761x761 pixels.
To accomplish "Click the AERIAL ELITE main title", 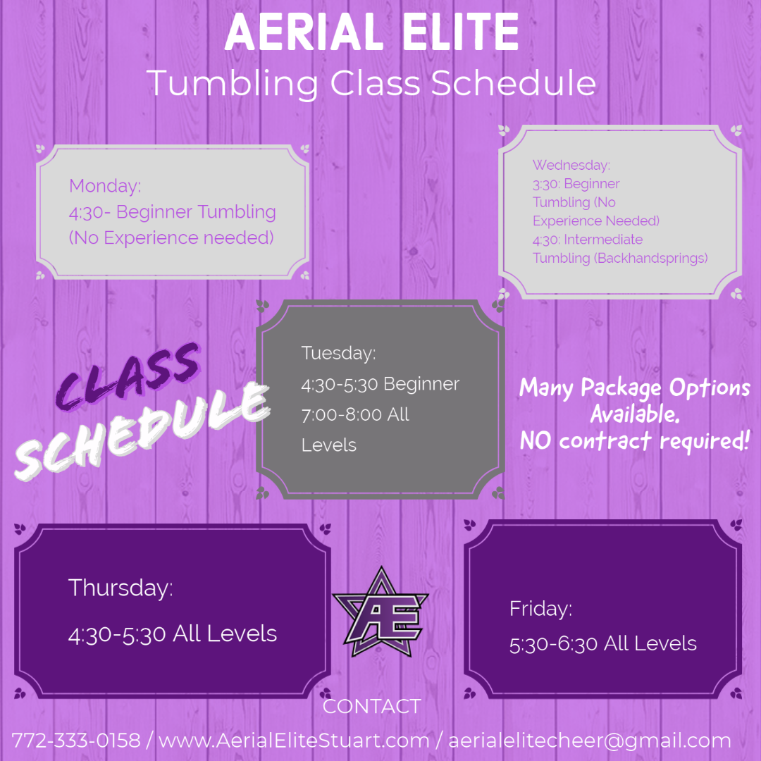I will (371, 32).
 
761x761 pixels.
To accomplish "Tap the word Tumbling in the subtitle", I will (233, 83).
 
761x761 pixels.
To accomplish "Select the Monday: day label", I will (105, 186).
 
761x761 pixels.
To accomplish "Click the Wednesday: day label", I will (571, 165).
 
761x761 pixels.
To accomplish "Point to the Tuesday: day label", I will (338, 353).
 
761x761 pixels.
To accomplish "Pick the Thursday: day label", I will (120, 588).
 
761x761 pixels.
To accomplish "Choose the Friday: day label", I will (541, 609).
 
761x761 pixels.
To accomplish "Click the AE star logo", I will (381, 612).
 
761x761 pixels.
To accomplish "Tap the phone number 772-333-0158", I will (76, 741).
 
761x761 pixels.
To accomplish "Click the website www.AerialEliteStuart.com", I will (294, 741).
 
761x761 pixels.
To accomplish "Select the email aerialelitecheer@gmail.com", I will (589, 741).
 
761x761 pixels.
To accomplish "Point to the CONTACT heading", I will (371, 706).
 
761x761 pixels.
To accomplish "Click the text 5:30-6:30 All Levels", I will (602, 643).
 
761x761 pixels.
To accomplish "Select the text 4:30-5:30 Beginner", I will (380, 384).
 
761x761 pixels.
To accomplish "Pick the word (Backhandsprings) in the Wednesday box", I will (651, 258).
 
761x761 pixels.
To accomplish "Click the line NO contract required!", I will (634, 441).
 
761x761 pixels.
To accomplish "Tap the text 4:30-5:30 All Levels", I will (173, 633).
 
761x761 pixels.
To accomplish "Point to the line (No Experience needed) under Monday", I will (171, 237).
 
